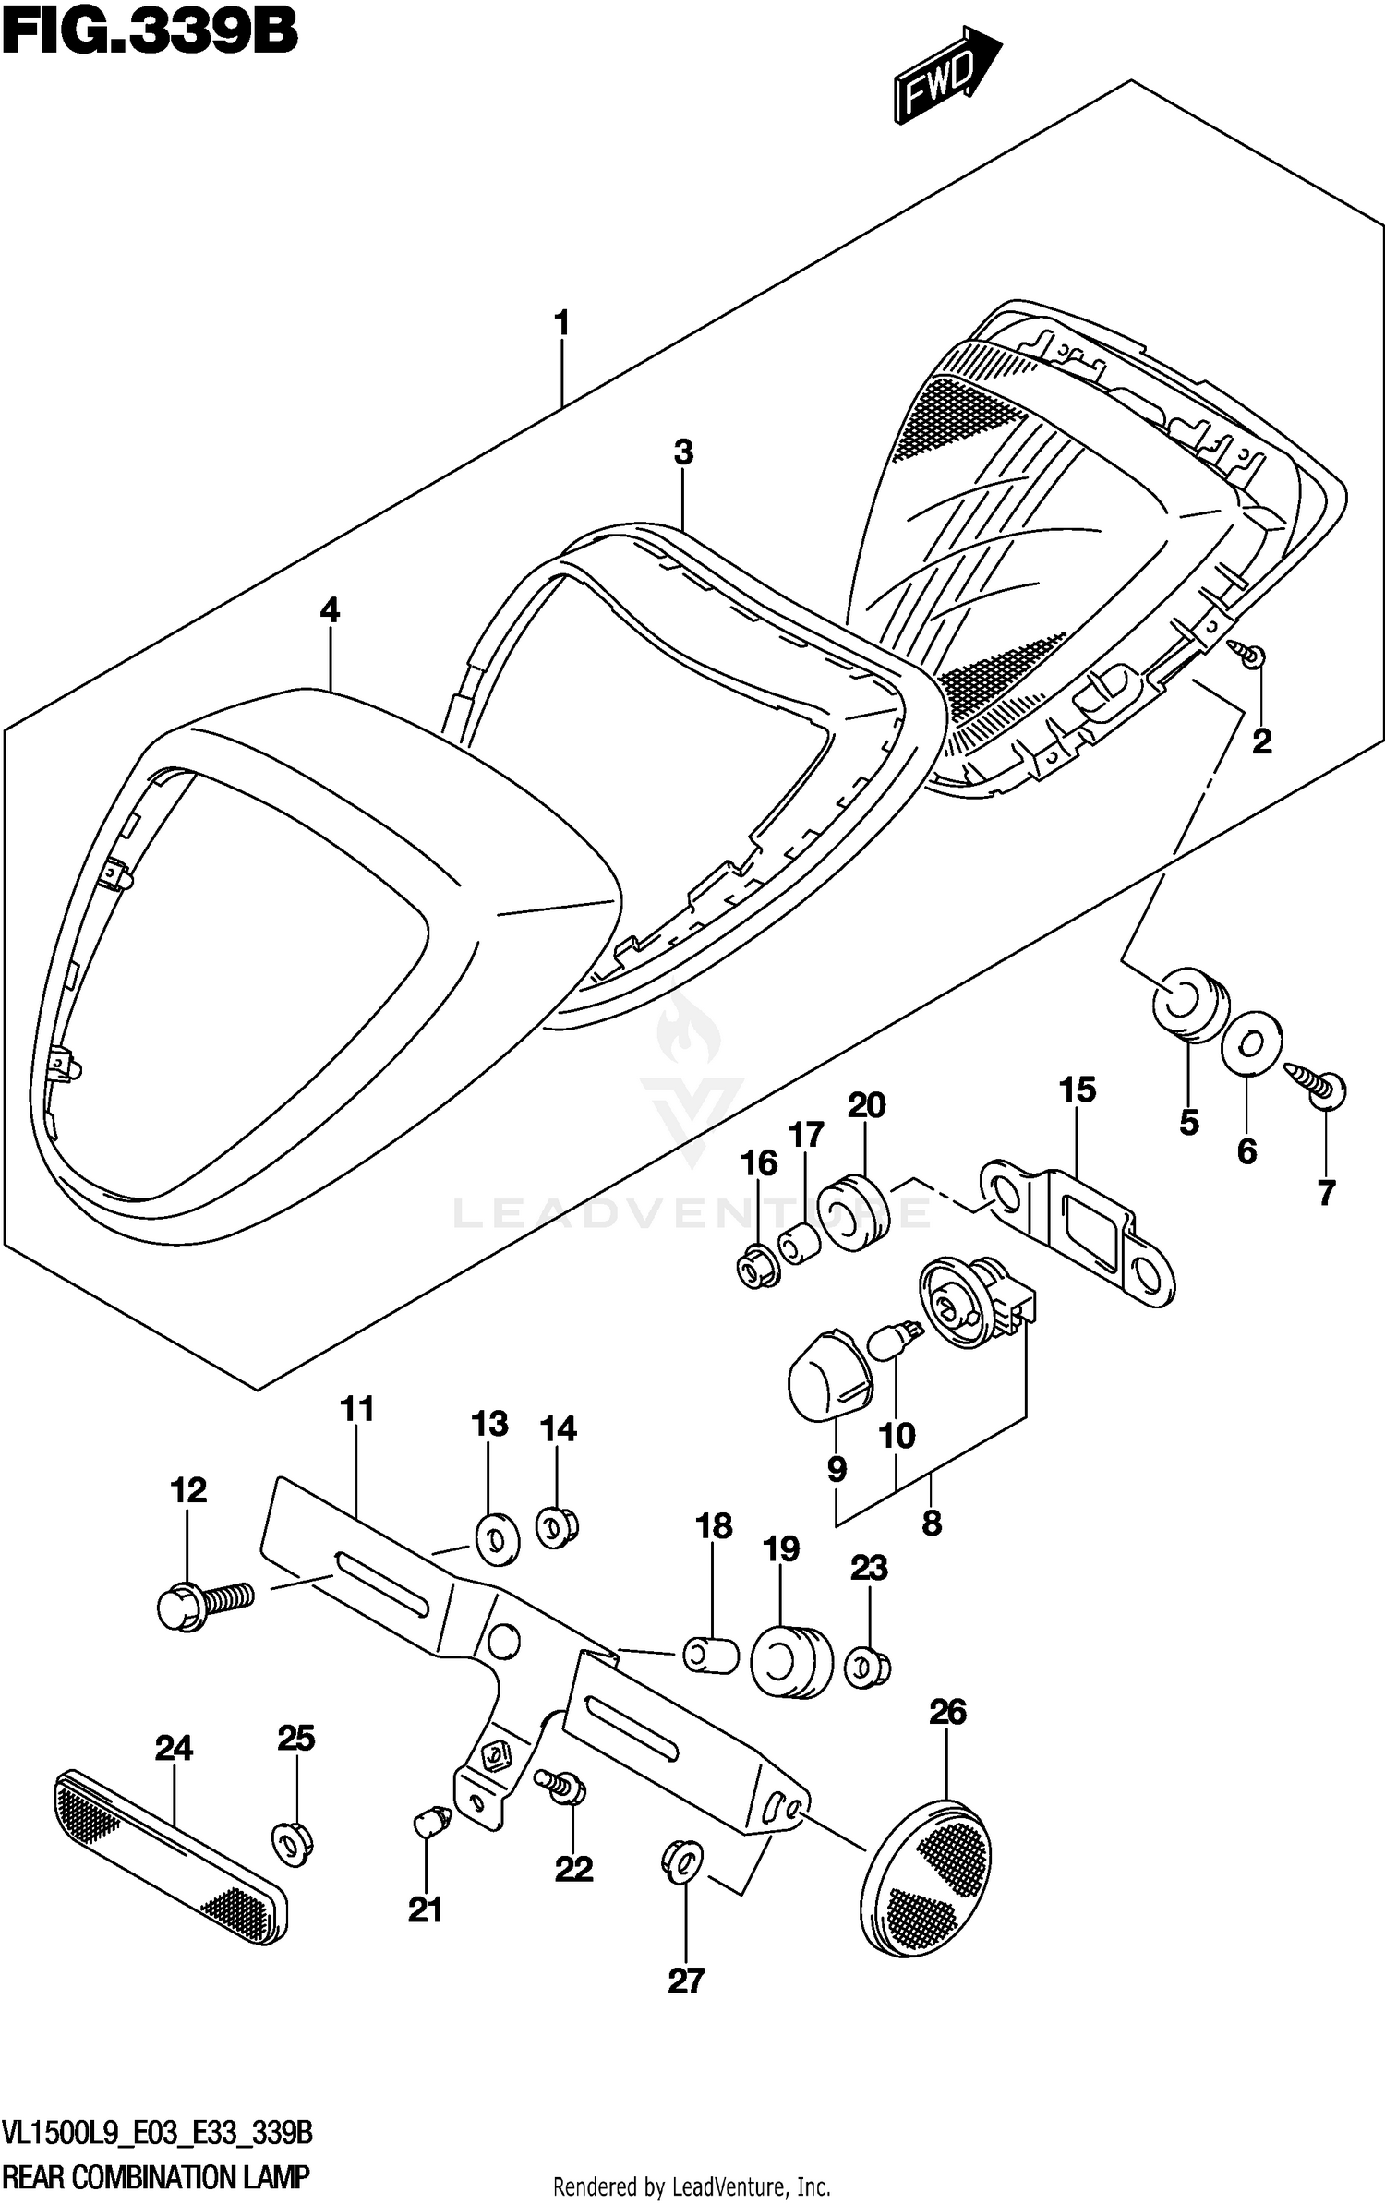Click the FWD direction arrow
tap(945, 78)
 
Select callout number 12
tap(188, 1489)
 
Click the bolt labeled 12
tap(203, 1606)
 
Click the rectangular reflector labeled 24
tap(171, 1857)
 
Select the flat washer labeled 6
tap(1248, 1043)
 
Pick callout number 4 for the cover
tap(330, 610)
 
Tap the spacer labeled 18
tap(711, 1655)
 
